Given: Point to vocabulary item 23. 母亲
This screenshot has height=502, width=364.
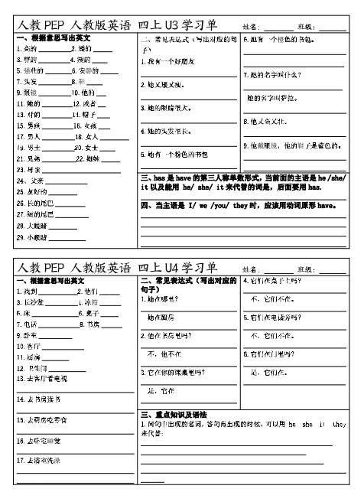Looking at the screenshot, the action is [x=30, y=169].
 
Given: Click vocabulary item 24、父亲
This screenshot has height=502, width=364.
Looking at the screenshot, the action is [x=30, y=181].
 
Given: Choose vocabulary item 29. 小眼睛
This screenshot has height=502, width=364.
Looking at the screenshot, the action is [x=31, y=238].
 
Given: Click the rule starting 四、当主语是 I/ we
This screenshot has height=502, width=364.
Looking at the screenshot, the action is [x=239, y=206].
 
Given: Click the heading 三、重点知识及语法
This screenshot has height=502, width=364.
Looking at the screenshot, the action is [x=177, y=414].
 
